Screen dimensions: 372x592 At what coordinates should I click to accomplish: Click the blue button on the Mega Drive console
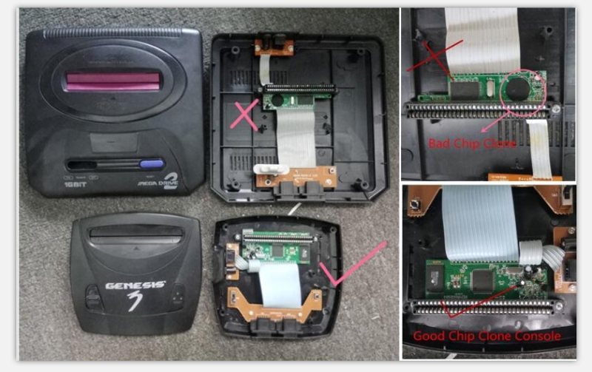click(152, 165)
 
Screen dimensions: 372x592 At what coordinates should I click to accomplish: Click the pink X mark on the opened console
click(246, 115)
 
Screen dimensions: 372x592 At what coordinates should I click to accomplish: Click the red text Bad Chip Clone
click(471, 143)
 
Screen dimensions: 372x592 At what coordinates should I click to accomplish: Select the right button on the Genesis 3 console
click(178, 297)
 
